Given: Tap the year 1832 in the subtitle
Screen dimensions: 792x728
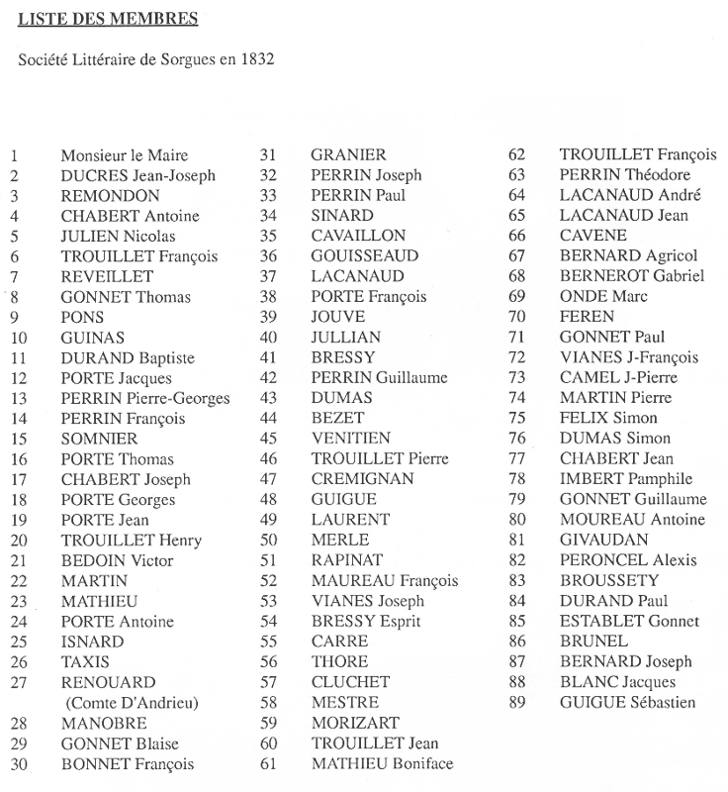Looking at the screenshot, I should (x=252, y=58).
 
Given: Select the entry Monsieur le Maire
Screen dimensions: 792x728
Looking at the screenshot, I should (x=124, y=155).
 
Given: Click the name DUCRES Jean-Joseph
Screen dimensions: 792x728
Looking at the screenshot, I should (x=137, y=175).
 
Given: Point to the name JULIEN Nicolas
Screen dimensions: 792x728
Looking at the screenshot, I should (x=118, y=236).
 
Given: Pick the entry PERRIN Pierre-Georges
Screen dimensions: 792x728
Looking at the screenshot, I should (x=145, y=398).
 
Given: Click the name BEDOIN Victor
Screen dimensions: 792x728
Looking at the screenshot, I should (x=117, y=560).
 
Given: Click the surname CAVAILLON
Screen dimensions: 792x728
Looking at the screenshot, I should (x=358, y=236).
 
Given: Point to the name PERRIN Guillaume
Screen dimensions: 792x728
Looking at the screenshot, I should (x=379, y=377).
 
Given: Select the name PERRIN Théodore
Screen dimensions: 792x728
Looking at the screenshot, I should (x=625, y=175).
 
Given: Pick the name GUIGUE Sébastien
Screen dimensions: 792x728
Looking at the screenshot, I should (x=627, y=703).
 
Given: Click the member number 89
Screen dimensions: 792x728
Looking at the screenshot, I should (x=516, y=703).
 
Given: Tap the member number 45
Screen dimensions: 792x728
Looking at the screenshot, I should (x=268, y=439).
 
